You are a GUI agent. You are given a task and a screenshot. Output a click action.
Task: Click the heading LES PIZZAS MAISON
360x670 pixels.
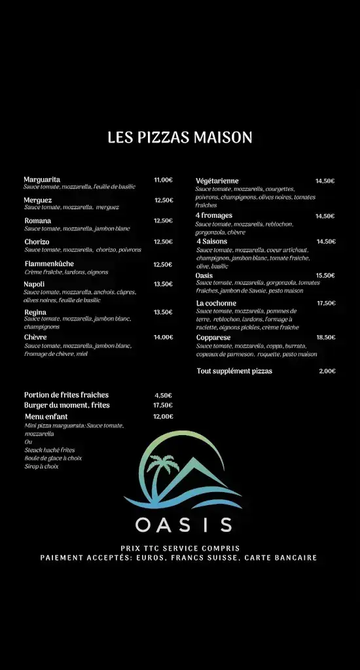coord(180,137)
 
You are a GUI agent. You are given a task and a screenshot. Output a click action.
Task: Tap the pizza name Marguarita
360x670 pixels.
coord(42,179)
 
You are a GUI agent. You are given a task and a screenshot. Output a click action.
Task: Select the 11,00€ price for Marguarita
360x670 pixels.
coord(163,180)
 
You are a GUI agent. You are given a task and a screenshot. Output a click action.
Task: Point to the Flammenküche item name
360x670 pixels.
coord(49,264)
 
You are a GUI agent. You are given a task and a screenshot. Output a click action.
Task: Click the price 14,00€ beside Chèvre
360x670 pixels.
coord(163,338)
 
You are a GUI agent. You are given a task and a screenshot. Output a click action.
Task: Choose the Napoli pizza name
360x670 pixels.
coord(35,284)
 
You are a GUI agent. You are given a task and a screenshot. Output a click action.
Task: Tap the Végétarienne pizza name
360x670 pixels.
coord(217,181)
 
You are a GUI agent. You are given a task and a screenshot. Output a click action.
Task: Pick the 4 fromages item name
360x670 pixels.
coord(213,215)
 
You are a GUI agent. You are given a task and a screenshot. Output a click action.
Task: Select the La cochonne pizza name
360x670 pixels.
coord(216,303)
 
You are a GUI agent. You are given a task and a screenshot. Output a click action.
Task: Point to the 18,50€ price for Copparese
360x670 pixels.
coord(325,338)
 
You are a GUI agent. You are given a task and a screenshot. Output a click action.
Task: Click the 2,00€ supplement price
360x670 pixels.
coord(327,371)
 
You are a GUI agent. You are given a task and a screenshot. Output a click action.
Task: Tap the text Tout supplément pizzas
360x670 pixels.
coord(234,371)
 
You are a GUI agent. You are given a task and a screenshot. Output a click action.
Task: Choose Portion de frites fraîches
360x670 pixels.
coord(66,395)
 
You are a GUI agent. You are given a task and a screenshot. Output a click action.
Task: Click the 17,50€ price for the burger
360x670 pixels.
coord(163,406)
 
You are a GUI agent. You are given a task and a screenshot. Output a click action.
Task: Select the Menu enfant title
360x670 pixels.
coord(46,416)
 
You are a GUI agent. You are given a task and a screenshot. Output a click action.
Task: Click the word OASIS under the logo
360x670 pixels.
coord(183,525)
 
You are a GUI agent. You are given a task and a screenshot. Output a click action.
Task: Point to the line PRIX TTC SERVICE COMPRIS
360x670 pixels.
coord(180,548)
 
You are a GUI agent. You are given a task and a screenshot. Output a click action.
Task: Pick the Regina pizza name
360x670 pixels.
coord(35,312)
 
